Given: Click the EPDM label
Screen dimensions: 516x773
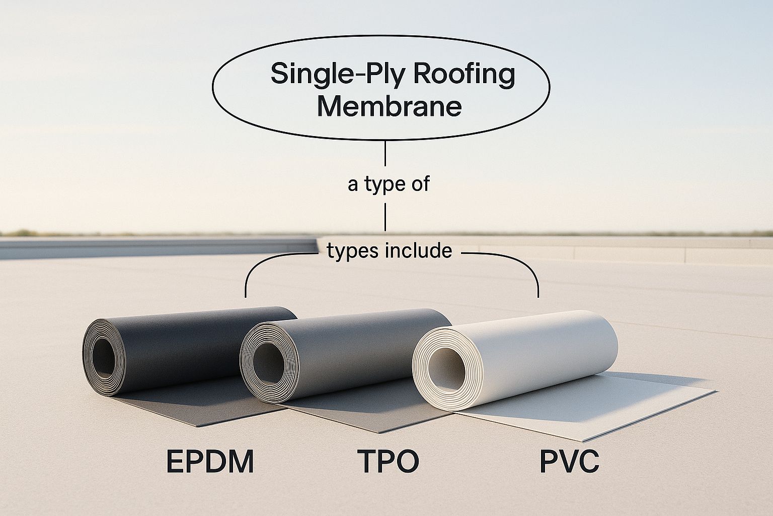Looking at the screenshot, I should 210,462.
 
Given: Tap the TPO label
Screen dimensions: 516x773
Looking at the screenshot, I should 388,462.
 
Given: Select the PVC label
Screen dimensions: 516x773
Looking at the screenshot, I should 569,462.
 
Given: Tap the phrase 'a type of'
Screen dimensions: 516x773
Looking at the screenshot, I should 388,184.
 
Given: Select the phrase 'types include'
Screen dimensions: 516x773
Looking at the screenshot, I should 389,250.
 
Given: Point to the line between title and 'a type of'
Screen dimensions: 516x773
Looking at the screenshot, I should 385,154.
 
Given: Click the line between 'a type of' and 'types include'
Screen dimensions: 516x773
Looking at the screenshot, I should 385,216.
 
